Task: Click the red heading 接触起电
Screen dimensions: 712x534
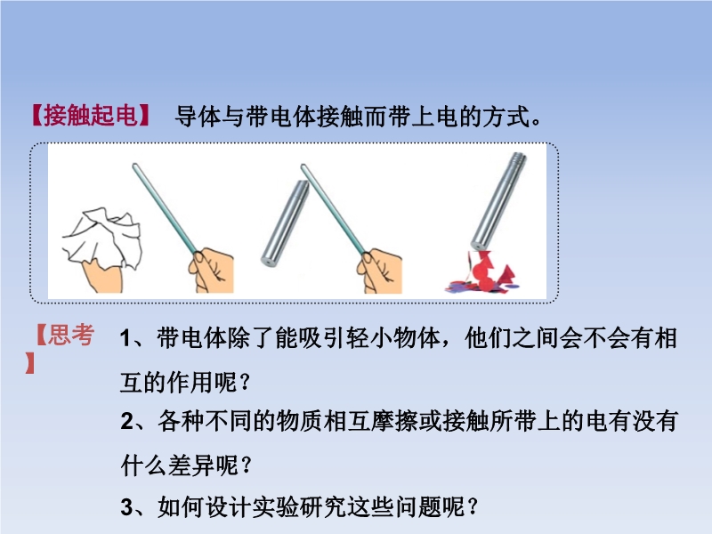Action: pyautogui.click(x=91, y=116)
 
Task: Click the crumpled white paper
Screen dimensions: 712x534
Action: pyautogui.click(x=103, y=238)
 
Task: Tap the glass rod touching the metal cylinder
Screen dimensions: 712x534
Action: pyautogui.click(x=334, y=209)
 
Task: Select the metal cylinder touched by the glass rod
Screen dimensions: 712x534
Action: pyautogui.click(x=285, y=222)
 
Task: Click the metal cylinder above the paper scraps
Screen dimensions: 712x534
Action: pyautogui.click(x=498, y=201)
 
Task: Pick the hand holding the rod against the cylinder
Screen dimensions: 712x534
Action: pyautogui.click(x=380, y=271)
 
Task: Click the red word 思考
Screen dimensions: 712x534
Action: pyautogui.click(x=71, y=335)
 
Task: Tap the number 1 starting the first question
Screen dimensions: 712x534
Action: pyautogui.click(x=126, y=339)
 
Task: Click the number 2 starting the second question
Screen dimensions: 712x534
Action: pyautogui.click(x=127, y=421)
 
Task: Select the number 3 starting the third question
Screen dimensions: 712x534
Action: pyautogui.click(x=127, y=506)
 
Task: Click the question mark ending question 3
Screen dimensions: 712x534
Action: pyautogui.click(x=473, y=506)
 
